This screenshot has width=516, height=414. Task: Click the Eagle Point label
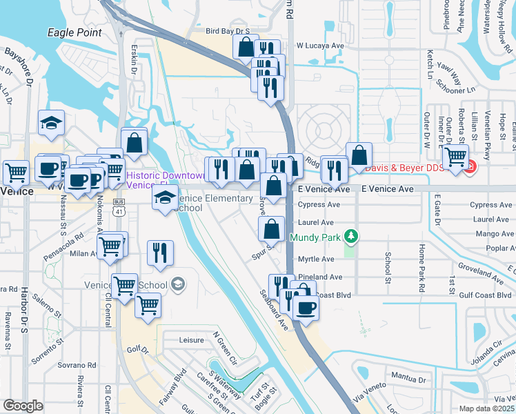[x=75, y=32]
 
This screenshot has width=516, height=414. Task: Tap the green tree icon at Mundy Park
[x=353, y=237]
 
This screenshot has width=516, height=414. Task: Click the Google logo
[x=23, y=406]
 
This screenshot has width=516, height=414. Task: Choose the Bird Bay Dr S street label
[x=228, y=31]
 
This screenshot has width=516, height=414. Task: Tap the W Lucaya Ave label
[x=319, y=46]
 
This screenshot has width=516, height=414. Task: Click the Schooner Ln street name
[x=456, y=90]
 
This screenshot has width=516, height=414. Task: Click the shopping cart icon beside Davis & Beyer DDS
[x=455, y=157]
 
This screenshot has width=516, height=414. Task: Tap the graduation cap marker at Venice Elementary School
[x=164, y=199]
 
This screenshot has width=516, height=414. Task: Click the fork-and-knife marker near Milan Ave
[x=160, y=252]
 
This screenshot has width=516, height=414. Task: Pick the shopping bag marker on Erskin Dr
[x=135, y=143]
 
